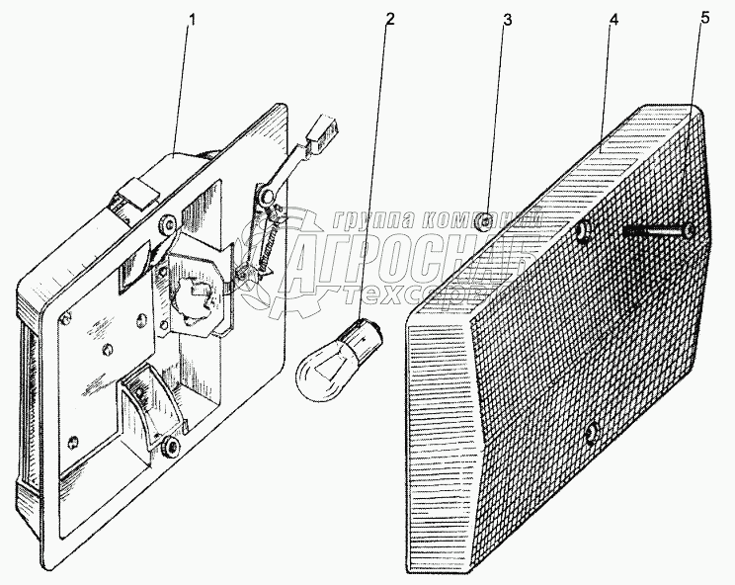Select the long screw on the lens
pyautogui.click(x=657, y=233)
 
